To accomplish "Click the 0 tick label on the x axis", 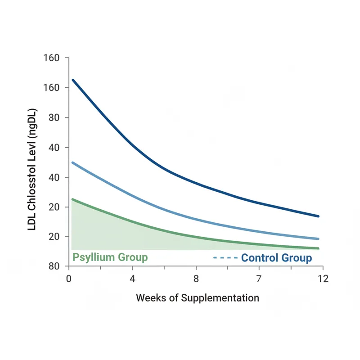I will click(69, 279).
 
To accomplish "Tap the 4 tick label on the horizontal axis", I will click(132, 279).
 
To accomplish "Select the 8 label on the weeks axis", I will click(196, 279).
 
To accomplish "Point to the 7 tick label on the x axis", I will click(260, 279).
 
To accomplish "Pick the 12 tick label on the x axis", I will click(323, 279).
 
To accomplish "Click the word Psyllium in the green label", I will click(92, 258).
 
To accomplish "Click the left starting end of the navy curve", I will click(73, 80).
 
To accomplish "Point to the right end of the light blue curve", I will click(318, 238).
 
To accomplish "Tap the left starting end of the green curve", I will click(73, 199).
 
